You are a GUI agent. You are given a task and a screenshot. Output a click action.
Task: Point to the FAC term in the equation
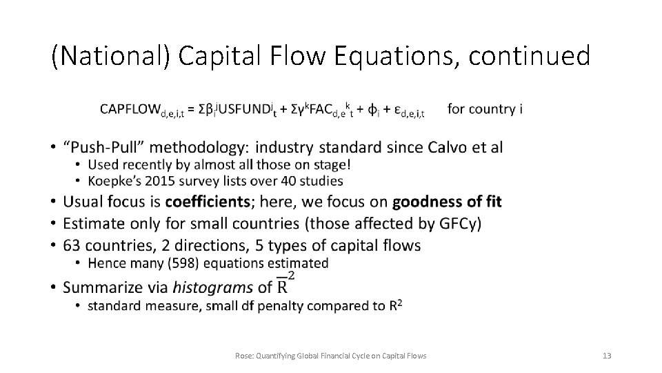pos(322,110)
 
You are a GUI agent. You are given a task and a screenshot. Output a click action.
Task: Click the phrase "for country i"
pos(485,109)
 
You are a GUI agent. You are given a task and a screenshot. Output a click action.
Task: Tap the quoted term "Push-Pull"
pos(103,147)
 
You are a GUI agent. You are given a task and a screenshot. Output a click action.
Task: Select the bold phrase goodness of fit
pos(447,202)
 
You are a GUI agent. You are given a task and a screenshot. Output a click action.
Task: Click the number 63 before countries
pos(72,245)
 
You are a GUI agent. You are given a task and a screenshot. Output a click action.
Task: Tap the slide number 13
pos(607,356)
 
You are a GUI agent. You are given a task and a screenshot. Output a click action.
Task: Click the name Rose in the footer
pos(243,356)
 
